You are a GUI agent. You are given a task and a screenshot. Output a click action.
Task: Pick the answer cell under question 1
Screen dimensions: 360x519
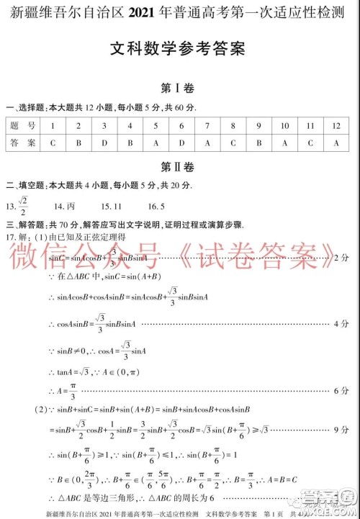click(x=53, y=143)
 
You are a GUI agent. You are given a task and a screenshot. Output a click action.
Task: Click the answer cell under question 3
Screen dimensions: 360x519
click(x=104, y=143)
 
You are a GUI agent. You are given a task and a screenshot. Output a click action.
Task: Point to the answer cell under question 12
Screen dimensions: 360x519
click(x=336, y=143)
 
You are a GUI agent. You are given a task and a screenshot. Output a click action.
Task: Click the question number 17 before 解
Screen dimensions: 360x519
click(x=9, y=236)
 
